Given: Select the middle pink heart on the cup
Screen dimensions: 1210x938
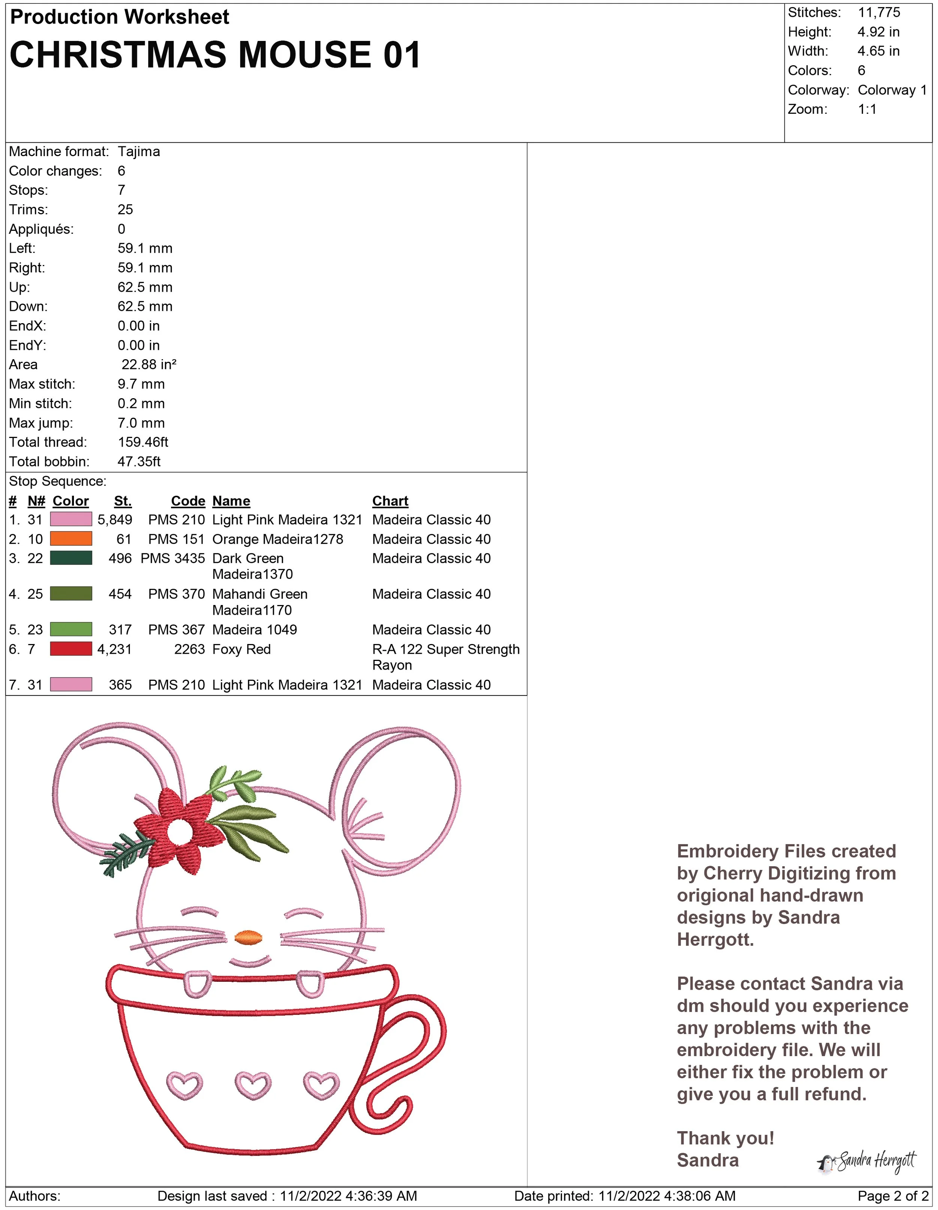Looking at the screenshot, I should tap(253, 1085).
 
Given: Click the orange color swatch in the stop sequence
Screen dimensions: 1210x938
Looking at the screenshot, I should tap(71, 539).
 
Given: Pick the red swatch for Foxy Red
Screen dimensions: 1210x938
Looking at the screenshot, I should tap(71, 649).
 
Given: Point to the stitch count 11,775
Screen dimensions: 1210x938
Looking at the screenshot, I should tap(879, 12).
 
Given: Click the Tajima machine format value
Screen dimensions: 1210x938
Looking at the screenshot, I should tap(138, 151).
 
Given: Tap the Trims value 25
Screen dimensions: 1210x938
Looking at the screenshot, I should tap(125, 209).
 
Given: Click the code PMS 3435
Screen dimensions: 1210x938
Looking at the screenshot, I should tap(173, 558).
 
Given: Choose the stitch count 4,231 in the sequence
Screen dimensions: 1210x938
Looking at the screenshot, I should tap(114, 649).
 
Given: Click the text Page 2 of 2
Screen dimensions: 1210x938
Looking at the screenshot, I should tap(893, 1196).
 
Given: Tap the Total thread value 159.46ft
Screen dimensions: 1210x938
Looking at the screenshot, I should tap(143, 442).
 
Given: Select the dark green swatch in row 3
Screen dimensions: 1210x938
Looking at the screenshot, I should tap(71, 558).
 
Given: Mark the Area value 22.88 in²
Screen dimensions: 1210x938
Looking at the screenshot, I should tap(149, 364).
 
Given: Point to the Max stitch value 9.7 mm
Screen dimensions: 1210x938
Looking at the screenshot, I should tap(141, 384).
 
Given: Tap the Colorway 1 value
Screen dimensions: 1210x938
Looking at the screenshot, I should tap(891, 90).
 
